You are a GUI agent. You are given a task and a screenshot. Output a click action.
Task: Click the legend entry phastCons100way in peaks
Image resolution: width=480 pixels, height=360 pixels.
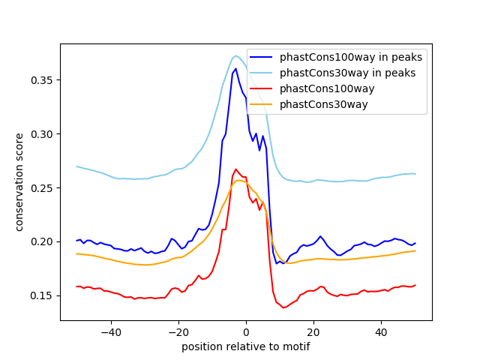pos(351,57)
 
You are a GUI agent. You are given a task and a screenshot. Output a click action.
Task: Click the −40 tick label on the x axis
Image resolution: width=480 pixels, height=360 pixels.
pos(110,332)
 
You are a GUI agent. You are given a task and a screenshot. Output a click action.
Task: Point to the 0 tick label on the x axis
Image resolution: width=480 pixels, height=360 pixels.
pos(246,332)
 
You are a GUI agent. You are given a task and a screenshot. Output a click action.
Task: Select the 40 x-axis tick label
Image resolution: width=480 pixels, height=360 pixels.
pos(381,332)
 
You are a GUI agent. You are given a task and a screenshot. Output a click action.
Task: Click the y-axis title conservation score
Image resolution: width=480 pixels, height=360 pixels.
pos(20,181)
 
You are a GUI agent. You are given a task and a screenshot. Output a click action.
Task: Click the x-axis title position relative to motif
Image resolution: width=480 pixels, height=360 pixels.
pos(245,346)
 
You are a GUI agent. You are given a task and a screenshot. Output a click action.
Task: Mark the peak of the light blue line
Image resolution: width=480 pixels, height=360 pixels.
pos(235,55)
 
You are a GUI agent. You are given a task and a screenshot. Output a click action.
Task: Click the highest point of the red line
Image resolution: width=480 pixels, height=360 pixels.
pos(235,169)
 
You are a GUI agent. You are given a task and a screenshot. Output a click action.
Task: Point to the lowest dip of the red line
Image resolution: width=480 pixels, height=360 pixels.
pos(283,307)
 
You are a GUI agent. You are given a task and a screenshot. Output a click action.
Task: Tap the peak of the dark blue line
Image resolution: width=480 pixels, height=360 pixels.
pos(235,68)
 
